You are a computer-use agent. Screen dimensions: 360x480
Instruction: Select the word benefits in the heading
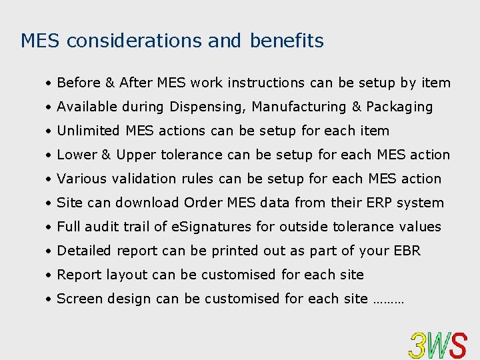pyautogui.click(x=287, y=41)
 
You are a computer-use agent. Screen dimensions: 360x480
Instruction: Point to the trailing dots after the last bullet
pyautogui.click(x=388, y=300)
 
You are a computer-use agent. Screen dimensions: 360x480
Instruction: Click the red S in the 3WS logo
pyautogui.click(x=457, y=345)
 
